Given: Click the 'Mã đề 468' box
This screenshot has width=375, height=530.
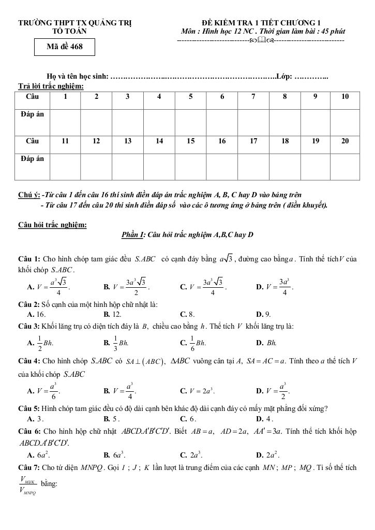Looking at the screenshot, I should point(65,48).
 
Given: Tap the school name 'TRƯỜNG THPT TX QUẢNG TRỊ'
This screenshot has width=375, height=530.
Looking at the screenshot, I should point(75,23).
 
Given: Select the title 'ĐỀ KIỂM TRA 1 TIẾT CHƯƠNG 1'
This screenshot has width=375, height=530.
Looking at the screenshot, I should point(261,23).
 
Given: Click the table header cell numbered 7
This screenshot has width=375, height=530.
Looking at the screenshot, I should point(253,97).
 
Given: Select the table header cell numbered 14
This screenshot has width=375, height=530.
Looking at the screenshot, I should point(159,141).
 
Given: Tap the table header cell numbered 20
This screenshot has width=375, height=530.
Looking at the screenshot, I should point(345,141).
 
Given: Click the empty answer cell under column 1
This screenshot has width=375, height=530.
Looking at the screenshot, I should point(65,119).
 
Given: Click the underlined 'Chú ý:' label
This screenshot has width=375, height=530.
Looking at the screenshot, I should point(29,195).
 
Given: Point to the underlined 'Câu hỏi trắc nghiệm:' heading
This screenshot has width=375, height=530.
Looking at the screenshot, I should point(52,225).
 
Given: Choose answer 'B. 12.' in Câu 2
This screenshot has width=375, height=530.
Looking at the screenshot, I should point(112,314).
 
